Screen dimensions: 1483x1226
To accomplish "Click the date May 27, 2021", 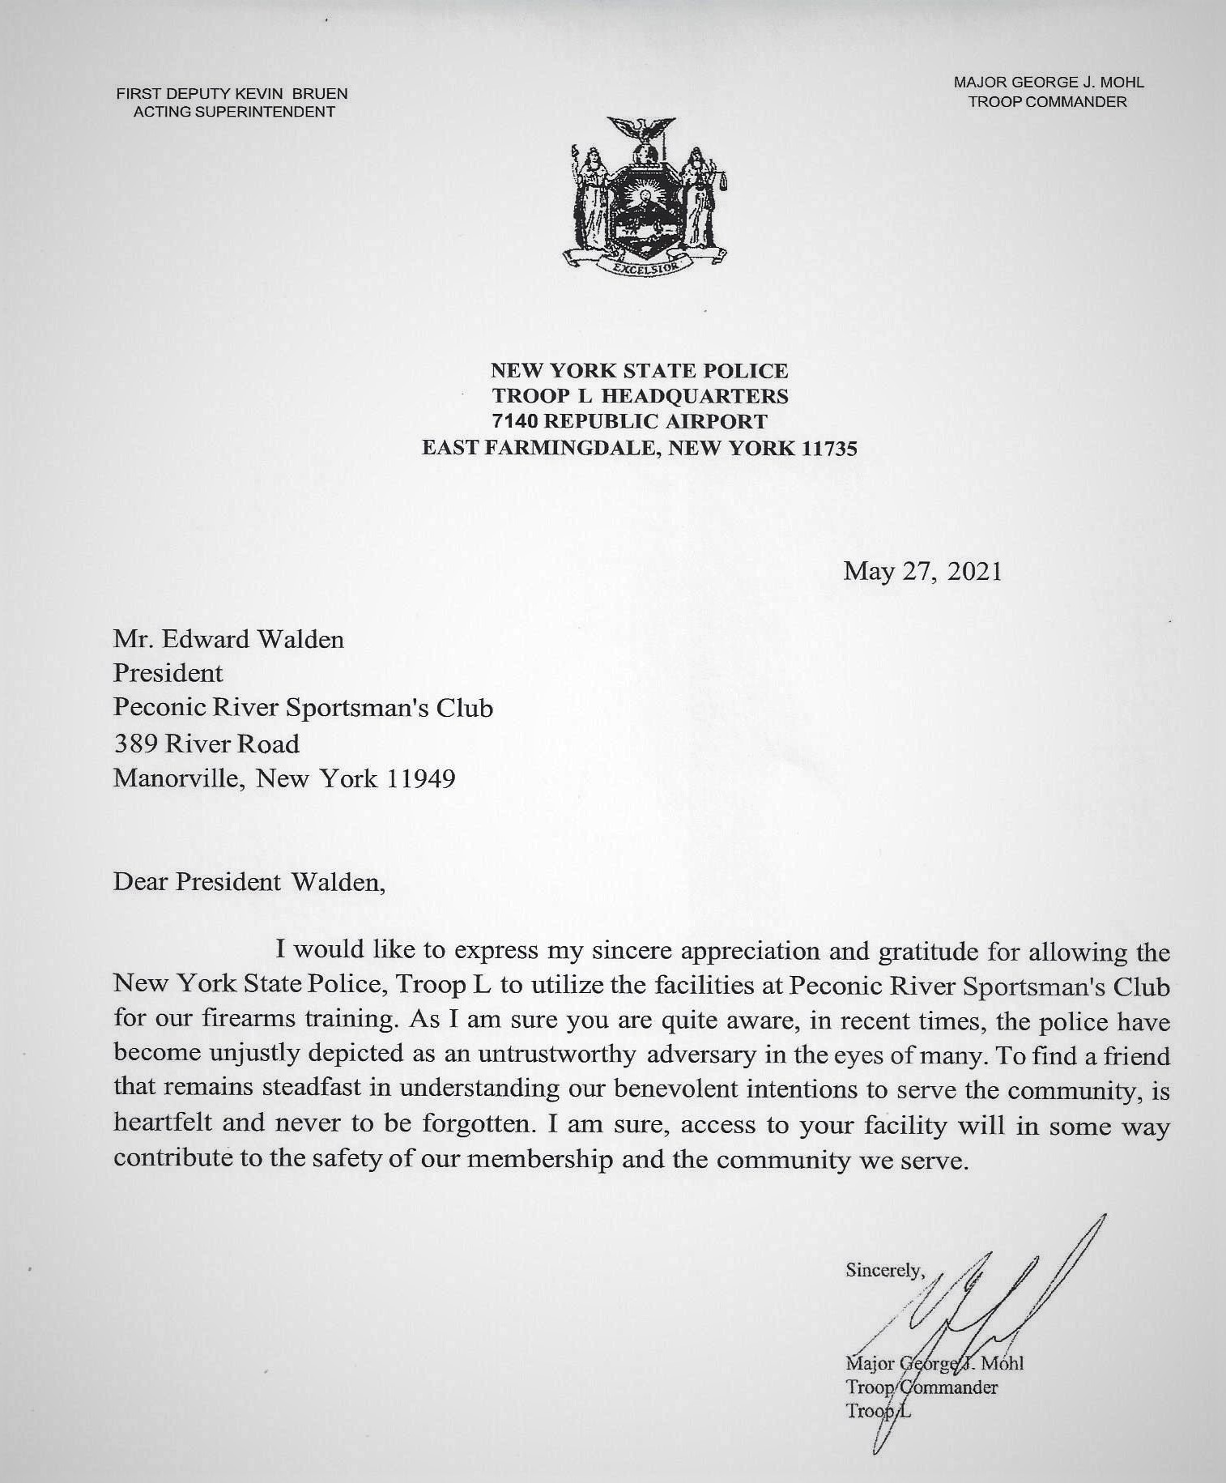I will [x=922, y=572].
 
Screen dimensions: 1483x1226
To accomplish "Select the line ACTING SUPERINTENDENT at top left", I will [x=233, y=113].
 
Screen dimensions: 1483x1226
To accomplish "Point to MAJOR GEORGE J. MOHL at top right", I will [x=1049, y=83].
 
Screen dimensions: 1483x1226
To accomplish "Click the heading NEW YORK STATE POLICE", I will [x=639, y=371].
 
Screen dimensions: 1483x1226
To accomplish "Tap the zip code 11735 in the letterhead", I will [x=828, y=448].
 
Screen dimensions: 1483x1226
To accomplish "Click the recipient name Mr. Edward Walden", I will [x=228, y=640].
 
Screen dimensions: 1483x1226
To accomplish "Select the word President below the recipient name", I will [x=168, y=674].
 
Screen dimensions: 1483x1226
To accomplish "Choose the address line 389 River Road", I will [x=206, y=744].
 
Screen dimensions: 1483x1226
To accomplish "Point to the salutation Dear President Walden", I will [x=249, y=881].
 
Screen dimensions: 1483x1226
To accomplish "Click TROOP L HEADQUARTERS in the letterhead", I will [x=639, y=396].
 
